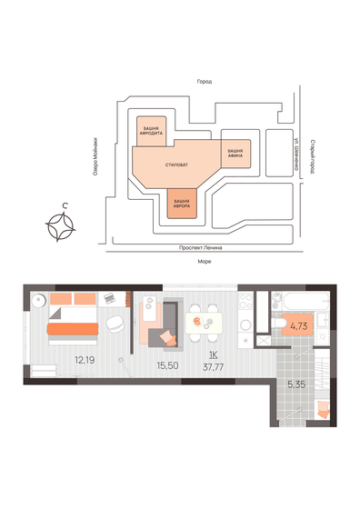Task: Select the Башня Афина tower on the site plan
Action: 235,151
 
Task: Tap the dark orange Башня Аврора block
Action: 182,201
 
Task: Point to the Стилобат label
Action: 177,164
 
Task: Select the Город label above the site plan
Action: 204,81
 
